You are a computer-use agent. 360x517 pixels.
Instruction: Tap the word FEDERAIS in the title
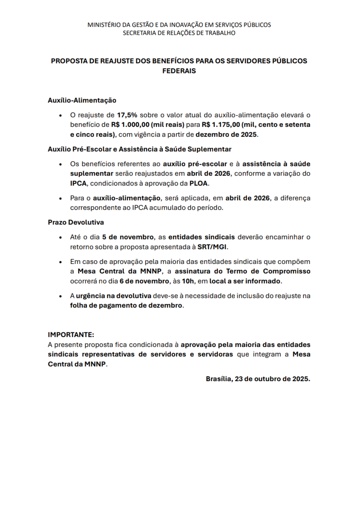179,71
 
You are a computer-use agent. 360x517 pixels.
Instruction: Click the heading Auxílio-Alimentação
82,100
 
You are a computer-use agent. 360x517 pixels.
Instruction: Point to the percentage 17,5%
127,115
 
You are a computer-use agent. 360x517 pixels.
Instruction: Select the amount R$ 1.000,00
130,125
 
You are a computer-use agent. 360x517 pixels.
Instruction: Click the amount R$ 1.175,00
221,125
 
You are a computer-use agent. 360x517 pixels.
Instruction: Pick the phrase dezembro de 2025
226,134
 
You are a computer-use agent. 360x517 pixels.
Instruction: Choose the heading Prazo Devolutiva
76,222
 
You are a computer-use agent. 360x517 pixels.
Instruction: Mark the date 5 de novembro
128,237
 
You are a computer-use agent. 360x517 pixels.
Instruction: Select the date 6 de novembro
145,281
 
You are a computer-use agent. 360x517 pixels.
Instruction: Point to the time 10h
188,281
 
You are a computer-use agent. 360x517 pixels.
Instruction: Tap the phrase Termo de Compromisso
268,271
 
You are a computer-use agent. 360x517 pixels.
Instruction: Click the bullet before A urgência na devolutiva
60,296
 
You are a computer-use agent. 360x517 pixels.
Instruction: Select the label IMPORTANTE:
71,335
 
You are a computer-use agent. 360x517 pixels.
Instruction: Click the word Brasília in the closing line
219,379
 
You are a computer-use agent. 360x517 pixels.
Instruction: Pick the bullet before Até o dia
60,237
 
